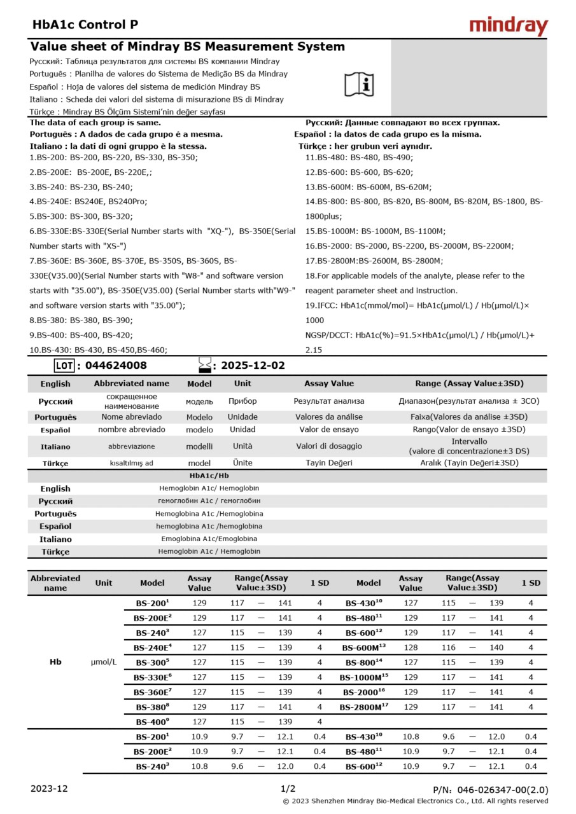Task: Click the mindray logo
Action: (508, 25)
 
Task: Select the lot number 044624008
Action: (115, 366)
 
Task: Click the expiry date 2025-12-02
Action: (253, 366)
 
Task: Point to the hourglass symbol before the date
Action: (205, 365)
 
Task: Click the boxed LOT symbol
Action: (64, 366)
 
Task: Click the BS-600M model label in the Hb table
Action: (363, 647)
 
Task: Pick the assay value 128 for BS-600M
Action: (411, 647)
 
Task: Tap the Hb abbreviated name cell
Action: (55, 662)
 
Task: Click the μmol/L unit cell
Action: (104, 662)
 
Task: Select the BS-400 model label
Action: (152, 722)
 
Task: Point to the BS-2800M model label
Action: (363, 707)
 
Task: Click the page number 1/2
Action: (288, 789)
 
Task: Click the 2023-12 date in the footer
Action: (49, 789)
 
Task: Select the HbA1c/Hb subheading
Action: (209, 475)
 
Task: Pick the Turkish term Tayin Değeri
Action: (328, 463)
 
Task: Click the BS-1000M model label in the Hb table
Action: (363, 677)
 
